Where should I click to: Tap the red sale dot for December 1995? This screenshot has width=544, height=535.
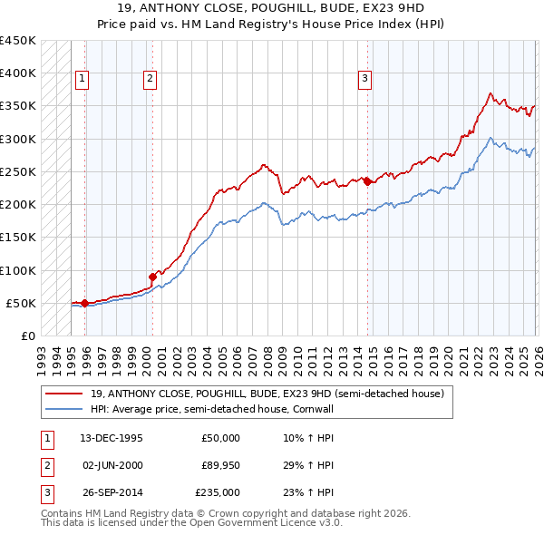click(85, 303)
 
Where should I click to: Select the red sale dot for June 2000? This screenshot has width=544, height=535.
click(152, 277)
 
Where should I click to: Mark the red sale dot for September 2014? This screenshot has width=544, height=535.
click(367, 181)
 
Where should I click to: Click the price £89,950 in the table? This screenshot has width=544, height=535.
click(221, 465)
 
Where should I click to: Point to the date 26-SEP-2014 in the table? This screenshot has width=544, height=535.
click(112, 492)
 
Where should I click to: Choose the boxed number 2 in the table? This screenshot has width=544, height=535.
click(46, 465)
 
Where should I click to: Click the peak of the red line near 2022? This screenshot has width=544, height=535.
click(490, 92)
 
